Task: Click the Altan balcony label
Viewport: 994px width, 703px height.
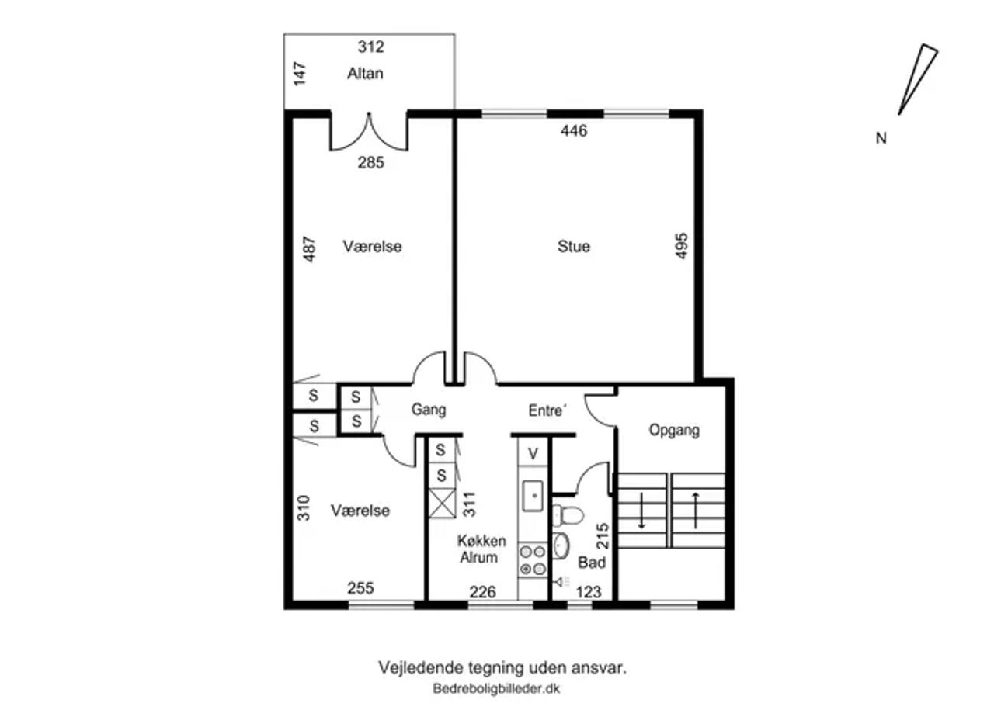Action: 365,73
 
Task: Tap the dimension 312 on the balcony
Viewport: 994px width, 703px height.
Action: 371,47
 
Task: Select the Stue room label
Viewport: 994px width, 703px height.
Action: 574,247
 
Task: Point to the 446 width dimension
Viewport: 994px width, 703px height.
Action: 574,131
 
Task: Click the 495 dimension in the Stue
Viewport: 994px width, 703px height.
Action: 681,246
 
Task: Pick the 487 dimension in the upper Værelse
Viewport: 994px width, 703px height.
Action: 309,249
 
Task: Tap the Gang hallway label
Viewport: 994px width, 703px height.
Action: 428,410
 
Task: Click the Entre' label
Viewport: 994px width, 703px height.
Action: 547,410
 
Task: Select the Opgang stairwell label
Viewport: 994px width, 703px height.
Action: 674,430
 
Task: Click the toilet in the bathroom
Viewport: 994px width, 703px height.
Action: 568,515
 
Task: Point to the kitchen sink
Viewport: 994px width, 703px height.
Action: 533,496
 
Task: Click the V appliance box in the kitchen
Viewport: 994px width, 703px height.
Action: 533,453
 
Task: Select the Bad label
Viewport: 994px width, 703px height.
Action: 592,563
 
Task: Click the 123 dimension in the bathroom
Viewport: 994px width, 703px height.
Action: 589,592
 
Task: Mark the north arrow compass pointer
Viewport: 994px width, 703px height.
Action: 918,80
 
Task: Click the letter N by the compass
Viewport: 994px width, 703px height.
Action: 881,138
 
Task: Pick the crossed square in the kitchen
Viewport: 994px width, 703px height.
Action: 442,504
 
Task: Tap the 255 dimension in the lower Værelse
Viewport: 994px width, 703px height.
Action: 360,588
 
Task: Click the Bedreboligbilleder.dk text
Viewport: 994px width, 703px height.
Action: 496,689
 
